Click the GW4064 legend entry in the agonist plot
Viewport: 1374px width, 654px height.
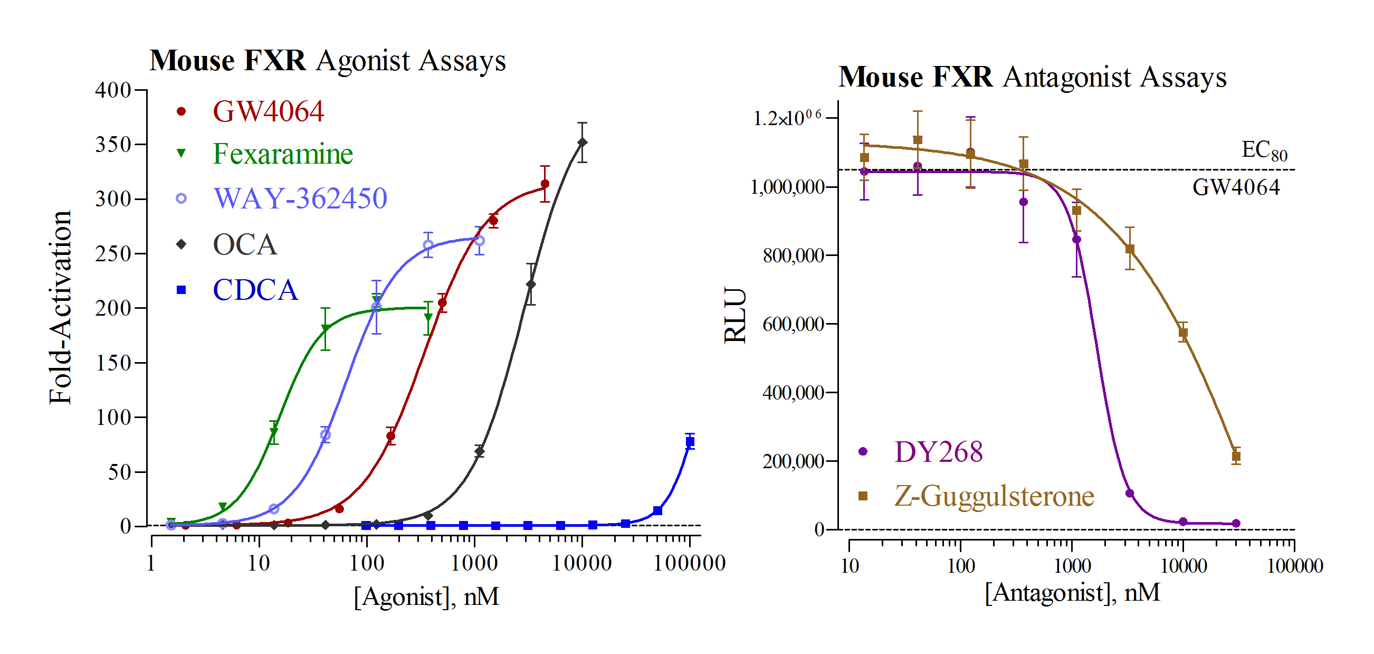pyautogui.click(x=268, y=111)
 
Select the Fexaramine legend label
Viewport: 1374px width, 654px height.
pyautogui.click(x=283, y=154)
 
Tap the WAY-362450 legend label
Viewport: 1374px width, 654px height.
pyautogui.click(x=300, y=198)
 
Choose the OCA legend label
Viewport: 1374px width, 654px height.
pyautogui.click(x=245, y=245)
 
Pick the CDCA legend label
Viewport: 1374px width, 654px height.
pyautogui.click(x=255, y=290)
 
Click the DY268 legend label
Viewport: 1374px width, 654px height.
pyautogui.click(x=938, y=452)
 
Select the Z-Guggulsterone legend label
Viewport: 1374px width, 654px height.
pyautogui.click(x=994, y=496)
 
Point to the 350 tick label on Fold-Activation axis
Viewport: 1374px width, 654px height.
pyautogui.click(x=113, y=145)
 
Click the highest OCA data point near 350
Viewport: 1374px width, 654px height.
pyautogui.click(x=583, y=143)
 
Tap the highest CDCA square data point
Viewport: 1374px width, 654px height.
pyautogui.click(x=690, y=442)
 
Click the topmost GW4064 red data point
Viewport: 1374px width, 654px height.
pyautogui.click(x=545, y=184)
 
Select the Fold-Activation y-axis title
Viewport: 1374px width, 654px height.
pyautogui.click(x=60, y=307)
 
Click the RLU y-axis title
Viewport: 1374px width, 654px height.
pyautogui.click(x=735, y=315)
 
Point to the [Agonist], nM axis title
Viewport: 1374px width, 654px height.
pyautogui.click(x=426, y=596)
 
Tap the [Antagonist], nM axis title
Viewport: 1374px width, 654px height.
pyautogui.click(x=1072, y=593)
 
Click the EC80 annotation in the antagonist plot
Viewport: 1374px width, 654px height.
pyautogui.click(x=1264, y=150)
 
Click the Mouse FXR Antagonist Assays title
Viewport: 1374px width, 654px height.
pyautogui.click(x=1032, y=78)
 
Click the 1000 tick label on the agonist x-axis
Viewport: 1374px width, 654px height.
pyautogui.click(x=474, y=563)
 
